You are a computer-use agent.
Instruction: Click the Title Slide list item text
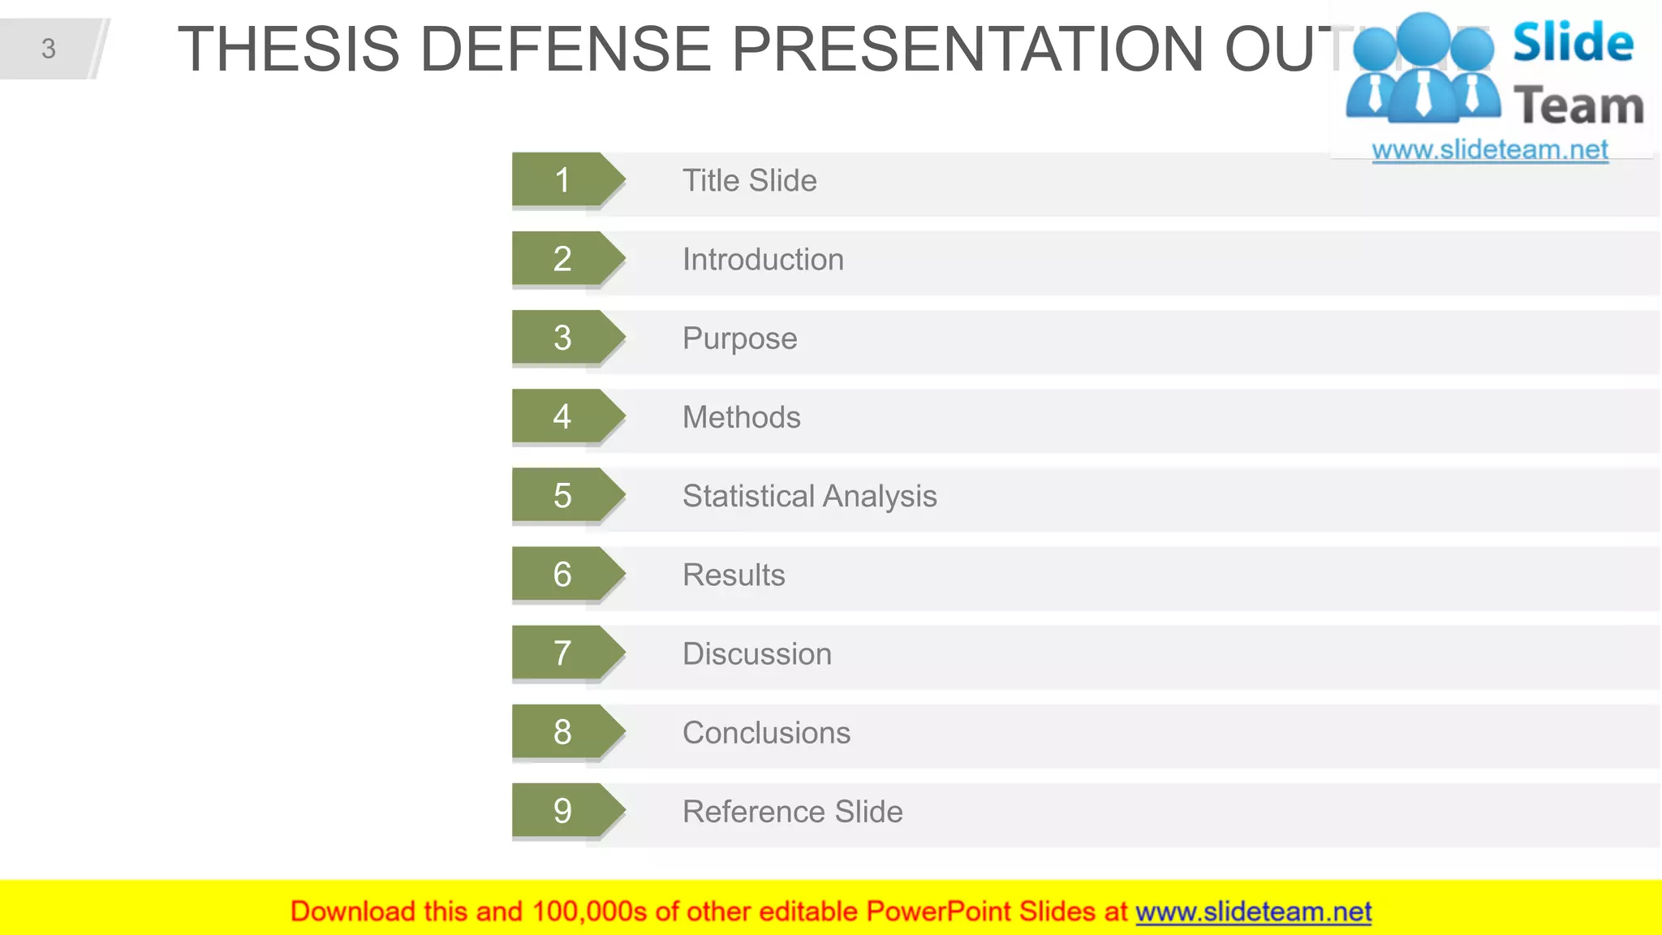click(749, 180)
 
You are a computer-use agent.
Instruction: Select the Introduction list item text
click(763, 260)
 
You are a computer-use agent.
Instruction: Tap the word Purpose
click(739, 338)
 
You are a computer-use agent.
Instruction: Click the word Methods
click(741, 417)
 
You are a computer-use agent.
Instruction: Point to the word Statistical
click(747, 496)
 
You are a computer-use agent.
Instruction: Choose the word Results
click(734, 575)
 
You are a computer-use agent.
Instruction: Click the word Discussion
click(756, 653)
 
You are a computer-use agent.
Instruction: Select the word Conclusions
click(766, 732)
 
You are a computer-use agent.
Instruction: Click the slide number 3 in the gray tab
click(49, 49)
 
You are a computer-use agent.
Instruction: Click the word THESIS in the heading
click(289, 49)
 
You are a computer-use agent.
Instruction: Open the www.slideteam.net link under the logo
click(1489, 149)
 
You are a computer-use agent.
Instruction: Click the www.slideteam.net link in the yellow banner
click(1253, 911)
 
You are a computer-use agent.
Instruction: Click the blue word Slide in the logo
click(1573, 42)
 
